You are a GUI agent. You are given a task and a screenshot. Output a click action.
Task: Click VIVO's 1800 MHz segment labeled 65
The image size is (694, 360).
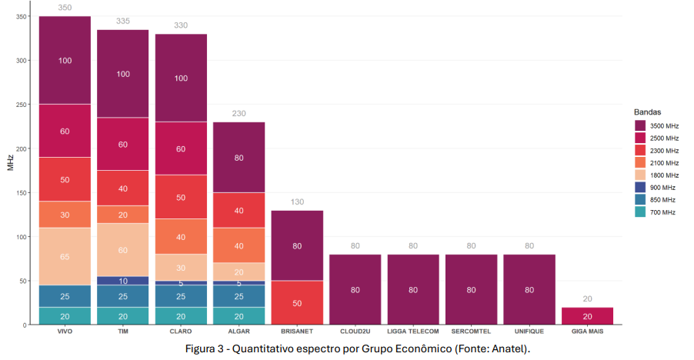tap(65, 256)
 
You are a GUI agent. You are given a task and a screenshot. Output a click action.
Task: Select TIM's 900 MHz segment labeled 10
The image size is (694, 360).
tap(123, 281)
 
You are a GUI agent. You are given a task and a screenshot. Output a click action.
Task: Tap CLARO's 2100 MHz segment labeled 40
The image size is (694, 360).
tap(181, 236)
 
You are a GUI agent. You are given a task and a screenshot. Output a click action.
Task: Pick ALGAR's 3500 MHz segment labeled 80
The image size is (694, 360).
tap(239, 157)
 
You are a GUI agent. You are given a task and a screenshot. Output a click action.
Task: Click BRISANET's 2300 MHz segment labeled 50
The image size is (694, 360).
tap(297, 302)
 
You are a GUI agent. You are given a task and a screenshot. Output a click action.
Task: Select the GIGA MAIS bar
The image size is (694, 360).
tap(588, 316)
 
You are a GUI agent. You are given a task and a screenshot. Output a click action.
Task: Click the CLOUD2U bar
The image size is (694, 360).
tap(355, 289)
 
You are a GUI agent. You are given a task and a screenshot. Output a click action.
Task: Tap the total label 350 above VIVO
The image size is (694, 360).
tap(65, 8)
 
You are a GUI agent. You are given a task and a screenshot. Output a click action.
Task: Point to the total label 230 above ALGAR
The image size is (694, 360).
tap(239, 113)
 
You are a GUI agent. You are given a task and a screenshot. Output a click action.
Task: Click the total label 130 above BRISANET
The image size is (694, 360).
tap(297, 202)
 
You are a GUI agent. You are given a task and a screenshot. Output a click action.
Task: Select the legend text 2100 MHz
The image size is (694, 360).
tap(664, 163)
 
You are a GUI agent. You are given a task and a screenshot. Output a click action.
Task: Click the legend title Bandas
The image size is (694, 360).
tap(646, 112)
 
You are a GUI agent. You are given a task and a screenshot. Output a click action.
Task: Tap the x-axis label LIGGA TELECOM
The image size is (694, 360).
tap(413, 332)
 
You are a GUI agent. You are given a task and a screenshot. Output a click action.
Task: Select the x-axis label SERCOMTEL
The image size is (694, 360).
tap(472, 332)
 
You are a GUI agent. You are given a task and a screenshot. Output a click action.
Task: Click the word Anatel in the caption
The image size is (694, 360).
tap(512, 348)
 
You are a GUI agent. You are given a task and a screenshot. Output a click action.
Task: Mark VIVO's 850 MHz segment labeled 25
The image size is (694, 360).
tap(65, 296)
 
